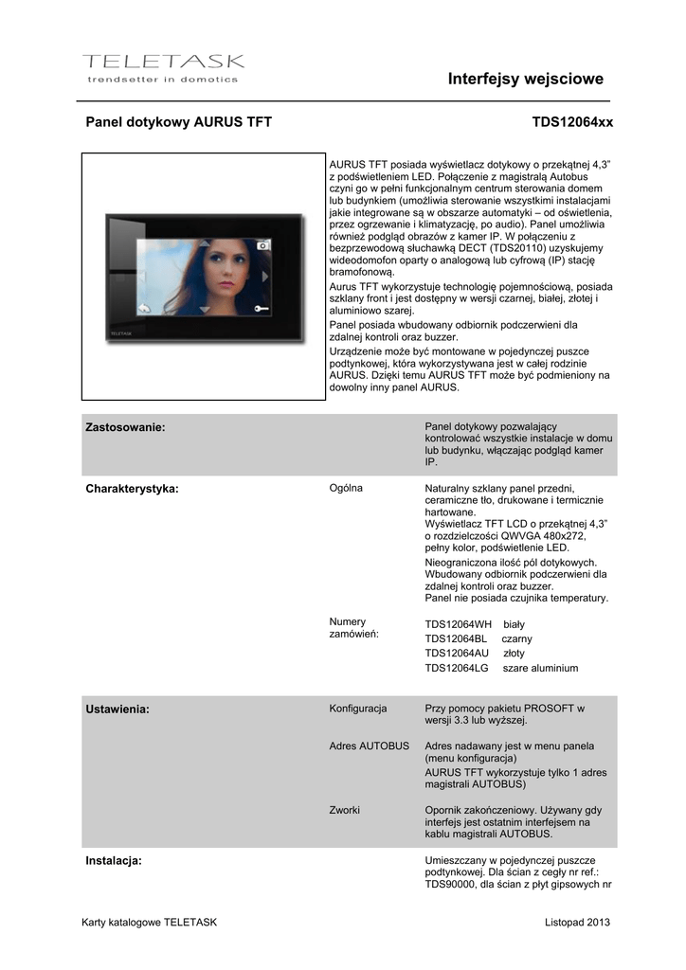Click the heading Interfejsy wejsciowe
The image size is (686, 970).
pos(525,79)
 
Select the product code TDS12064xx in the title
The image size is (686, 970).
pos(572,122)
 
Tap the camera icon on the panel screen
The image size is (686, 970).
pos(264,244)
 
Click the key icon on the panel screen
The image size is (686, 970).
pos(262,308)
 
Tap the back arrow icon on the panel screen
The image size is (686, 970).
pos(145,307)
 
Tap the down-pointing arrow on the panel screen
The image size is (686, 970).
pos(204,310)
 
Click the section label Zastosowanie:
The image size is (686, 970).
pos(125,427)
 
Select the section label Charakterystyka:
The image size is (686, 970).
pos(132,489)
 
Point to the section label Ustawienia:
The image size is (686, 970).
pos(117,709)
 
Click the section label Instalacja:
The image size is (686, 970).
pos(114,860)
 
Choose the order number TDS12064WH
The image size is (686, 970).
pos(459,625)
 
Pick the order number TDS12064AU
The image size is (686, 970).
pos(457,654)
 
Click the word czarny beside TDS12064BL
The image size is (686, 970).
pos(516,639)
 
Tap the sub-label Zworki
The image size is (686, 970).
pos(344,810)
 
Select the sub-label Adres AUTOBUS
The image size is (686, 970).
pos(369,745)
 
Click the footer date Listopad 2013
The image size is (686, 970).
pos(578,922)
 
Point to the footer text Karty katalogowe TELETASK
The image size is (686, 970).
pos(150,922)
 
